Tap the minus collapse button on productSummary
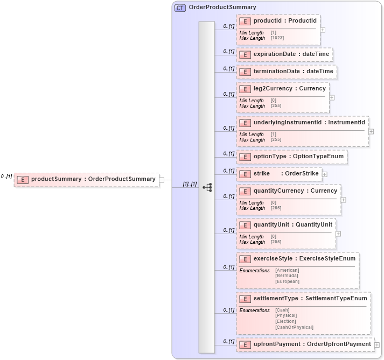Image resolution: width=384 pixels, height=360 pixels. point(162,180)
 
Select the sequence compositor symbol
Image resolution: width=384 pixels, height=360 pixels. point(207,187)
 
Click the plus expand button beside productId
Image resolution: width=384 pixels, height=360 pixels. point(323,30)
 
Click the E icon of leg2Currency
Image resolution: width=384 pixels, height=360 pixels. point(246,89)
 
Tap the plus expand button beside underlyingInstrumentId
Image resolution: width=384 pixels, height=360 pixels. point(371,131)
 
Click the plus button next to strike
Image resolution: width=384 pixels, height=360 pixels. point(325,174)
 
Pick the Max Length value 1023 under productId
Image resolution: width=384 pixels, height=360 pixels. point(277,38)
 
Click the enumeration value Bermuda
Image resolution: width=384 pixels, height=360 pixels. point(287,276)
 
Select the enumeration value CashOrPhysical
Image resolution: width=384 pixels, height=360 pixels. point(294,327)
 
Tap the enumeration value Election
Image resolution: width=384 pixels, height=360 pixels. point(286,321)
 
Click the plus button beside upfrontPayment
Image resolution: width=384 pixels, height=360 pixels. point(377,345)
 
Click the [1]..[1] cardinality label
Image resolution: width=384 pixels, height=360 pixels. point(190,183)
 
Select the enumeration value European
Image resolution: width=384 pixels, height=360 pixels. point(287,281)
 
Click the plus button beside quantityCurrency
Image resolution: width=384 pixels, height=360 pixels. point(343,200)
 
